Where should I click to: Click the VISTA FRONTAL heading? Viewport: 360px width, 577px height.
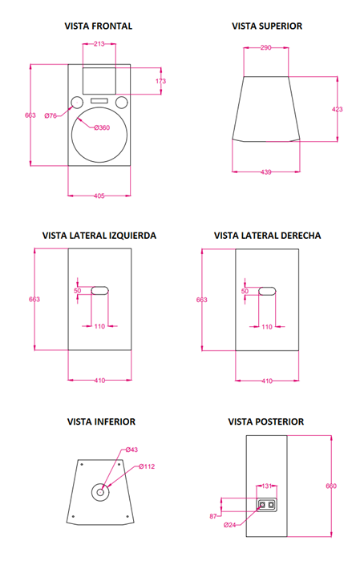(x=99, y=26)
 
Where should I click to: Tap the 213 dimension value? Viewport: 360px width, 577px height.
(x=99, y=44)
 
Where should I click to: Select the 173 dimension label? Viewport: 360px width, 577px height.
(x=161, y=81)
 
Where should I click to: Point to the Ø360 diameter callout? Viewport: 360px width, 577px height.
(x=102, y=127)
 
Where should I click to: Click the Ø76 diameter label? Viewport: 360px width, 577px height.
(x=51, y=115)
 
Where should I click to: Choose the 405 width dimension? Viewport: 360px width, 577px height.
(x=99, y=196)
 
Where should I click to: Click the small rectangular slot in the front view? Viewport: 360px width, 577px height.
(x=99, y=100)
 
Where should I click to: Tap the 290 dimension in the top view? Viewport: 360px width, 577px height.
(x=265, y=47)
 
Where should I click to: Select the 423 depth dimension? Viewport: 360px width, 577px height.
(x=338, y=109)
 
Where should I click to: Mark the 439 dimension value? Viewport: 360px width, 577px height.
(x=265, y=171)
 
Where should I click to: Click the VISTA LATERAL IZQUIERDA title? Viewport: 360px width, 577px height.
(x=99, y=236)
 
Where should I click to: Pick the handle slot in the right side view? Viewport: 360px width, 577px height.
(x=267, y=291)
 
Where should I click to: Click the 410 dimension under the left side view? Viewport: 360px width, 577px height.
(x=99, y=380)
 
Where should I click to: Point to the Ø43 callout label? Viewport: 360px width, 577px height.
(x=131, y=450)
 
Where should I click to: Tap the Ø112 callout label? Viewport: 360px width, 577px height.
(x=147, y=466)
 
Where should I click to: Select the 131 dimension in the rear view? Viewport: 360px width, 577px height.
(x=266, y=486)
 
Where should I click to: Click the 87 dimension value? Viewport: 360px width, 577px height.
(x=213, y=516)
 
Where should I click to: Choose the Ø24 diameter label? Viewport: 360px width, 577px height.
(x=229, y=525)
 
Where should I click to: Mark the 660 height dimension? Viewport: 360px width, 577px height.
(x=331, y=486)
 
